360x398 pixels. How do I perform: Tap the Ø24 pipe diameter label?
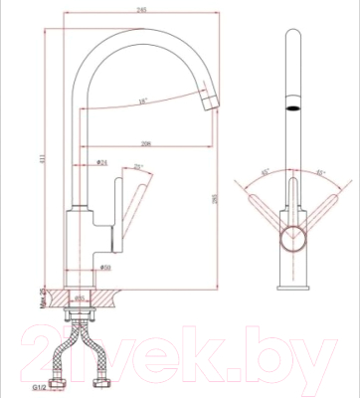coord(101,162)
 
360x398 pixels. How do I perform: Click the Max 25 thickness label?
coord(43,296)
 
